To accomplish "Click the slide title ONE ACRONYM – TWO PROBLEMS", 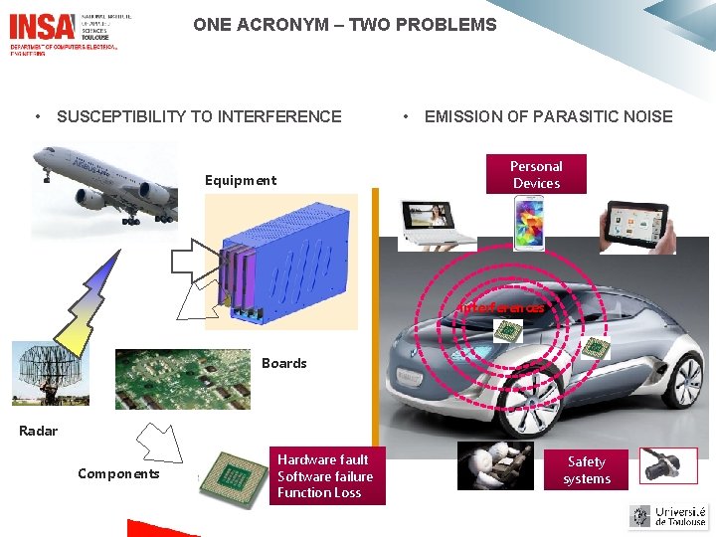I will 344,25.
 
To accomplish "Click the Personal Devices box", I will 536,175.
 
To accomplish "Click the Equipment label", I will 240,180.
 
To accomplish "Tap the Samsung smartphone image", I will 529,222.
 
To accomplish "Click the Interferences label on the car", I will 501,308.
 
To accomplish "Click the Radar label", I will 39,431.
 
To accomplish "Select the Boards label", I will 283,363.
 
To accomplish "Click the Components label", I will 118,473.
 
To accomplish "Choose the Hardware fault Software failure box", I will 324,476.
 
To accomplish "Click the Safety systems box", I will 587,470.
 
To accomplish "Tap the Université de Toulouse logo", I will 668,516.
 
